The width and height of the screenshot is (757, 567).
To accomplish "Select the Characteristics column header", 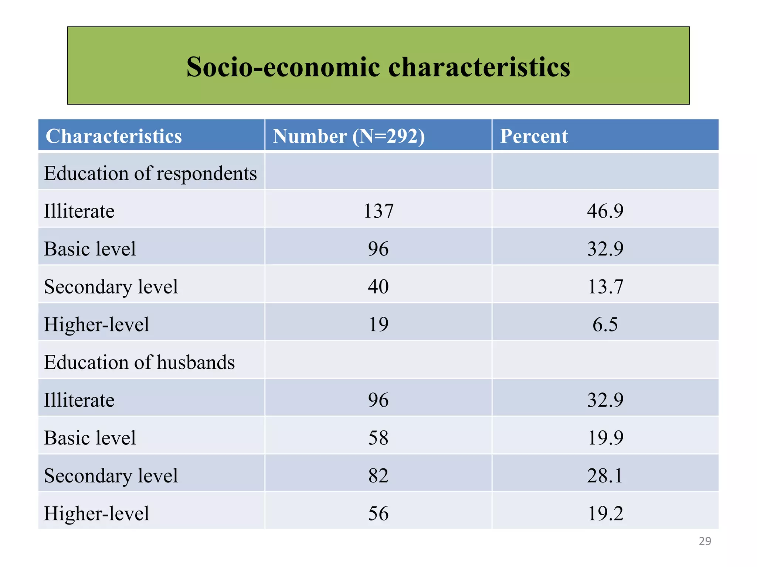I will point(113,136).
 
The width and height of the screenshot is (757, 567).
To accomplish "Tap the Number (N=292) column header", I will point(349,136).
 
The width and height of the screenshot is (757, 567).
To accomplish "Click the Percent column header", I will point(534,136).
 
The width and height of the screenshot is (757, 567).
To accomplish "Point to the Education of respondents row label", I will point(150,173).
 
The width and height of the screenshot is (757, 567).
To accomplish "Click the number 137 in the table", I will point(378,211).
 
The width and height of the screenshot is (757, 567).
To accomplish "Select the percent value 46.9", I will point(605,211).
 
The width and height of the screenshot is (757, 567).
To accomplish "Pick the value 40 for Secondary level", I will point(378,286).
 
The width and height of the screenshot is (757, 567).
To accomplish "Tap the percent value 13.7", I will point(605,286).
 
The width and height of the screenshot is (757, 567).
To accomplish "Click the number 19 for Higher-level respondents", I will point(378,324).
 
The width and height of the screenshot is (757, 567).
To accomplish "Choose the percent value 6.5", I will point(605,324).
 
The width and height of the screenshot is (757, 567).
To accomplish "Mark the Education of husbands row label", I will point(139,362).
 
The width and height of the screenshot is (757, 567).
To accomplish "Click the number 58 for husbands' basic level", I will point(378,438).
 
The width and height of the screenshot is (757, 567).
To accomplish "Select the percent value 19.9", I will point(605,438).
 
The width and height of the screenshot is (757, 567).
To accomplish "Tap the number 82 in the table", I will point(378,475).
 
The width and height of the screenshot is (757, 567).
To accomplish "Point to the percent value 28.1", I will point(605,475).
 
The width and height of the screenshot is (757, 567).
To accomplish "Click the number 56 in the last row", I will point(378,513).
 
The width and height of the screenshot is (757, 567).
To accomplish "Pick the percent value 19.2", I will point(605,513).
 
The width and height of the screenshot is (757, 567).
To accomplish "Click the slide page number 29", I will point(705,541).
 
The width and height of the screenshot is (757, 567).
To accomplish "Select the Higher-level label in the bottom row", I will point(96,513).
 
